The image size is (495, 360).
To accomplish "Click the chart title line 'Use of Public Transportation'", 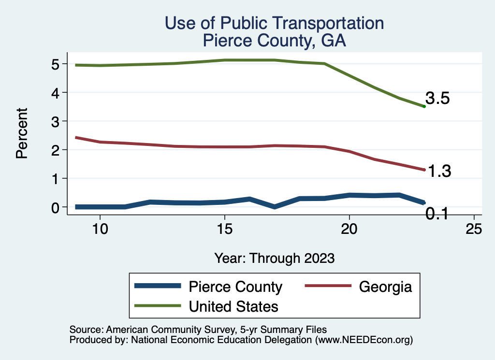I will (274, 23).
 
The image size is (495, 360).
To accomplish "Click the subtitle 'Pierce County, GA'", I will (274, 41).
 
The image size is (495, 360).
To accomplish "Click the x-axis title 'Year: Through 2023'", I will (274, 258).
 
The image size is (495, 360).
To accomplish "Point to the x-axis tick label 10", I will (100, 229).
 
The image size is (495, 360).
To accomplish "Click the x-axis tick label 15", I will (224, 229).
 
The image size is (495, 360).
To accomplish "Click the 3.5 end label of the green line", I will (438, 99).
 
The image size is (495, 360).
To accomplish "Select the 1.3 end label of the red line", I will (439, 171).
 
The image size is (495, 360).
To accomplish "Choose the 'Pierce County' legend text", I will (235, 287).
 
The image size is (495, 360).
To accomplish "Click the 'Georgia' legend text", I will (385, 287).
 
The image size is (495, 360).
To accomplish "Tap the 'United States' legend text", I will (233, 306).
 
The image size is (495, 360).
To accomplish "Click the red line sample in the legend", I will (327, 287).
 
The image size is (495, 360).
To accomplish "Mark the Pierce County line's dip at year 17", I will (275, 207).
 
